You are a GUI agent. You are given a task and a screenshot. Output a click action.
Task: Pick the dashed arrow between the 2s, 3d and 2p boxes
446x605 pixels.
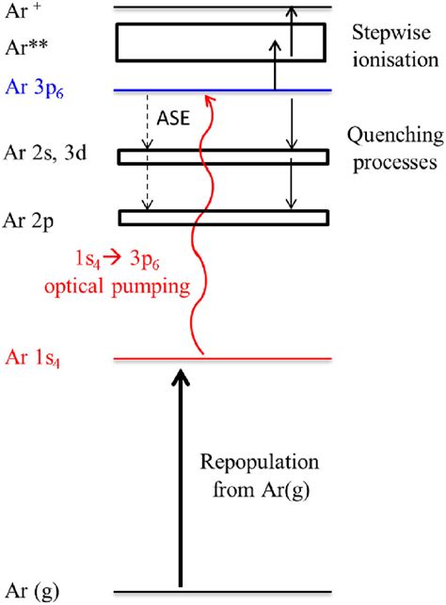(146, 187)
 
